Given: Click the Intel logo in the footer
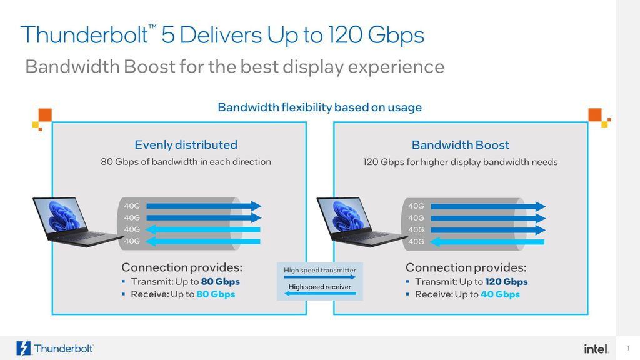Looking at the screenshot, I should tap(596, 349).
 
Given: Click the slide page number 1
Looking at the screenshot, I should tap(627, 348).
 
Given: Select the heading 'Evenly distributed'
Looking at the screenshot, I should tap(186, 145).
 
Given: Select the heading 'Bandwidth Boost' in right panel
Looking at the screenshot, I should tap(461, 145).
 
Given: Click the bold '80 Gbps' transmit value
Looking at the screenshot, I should tap(220, 282).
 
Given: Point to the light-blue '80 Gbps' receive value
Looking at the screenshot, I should tap(216, 294).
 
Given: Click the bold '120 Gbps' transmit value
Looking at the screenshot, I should tap(506, 282).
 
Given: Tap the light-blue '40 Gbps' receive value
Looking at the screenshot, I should tap(500, 294).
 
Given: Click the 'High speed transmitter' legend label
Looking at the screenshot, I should tap(320, 271).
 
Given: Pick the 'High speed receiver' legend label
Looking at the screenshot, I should tap(320, 287).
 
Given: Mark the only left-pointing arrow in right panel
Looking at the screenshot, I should tap(487, 241).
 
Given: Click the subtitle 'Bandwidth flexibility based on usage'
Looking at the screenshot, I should tap(319, 107).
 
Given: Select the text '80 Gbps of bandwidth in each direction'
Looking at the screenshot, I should tap(186, 162).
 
